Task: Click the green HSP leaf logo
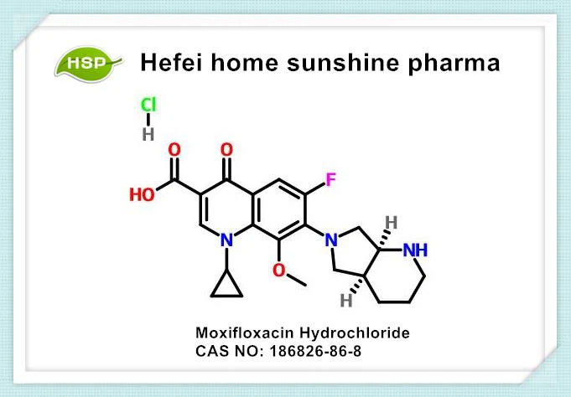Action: pyautogui.click(x=89, y=64)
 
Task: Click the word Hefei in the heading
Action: pyautogui.click(x=171, y=62)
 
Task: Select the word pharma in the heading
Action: pyautogui.click(x=454, y=64)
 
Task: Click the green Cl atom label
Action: pyautogui.click(x=148, y=105)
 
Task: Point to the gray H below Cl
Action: pyautogui.click(x=148, y=134)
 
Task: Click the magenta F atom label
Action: pyautogui.click(x=330, y=180)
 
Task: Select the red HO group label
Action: pyautogui.click(x=142, y=194)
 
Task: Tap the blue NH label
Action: pyautogui.click(x=415, y=250)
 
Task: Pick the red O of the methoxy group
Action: pyautogui.click(x=279, y=271)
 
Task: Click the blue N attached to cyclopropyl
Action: pyautogui.click(x=226, y=240)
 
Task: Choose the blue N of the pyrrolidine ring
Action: pyautogui.click(x=331, y=240)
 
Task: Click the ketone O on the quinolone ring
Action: pyautogui.click(x=226, y=150)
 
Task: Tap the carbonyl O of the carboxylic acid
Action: pyautogui.click(x=174, y=150)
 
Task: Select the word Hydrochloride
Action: pyautogui.click(x=355, y=333)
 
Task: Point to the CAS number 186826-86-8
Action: pyautogui.click(x=315, y=351)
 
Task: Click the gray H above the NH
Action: pyautogui.click(x=392, y=222)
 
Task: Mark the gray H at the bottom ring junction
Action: pyautogui.click(x=346, y=301)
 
